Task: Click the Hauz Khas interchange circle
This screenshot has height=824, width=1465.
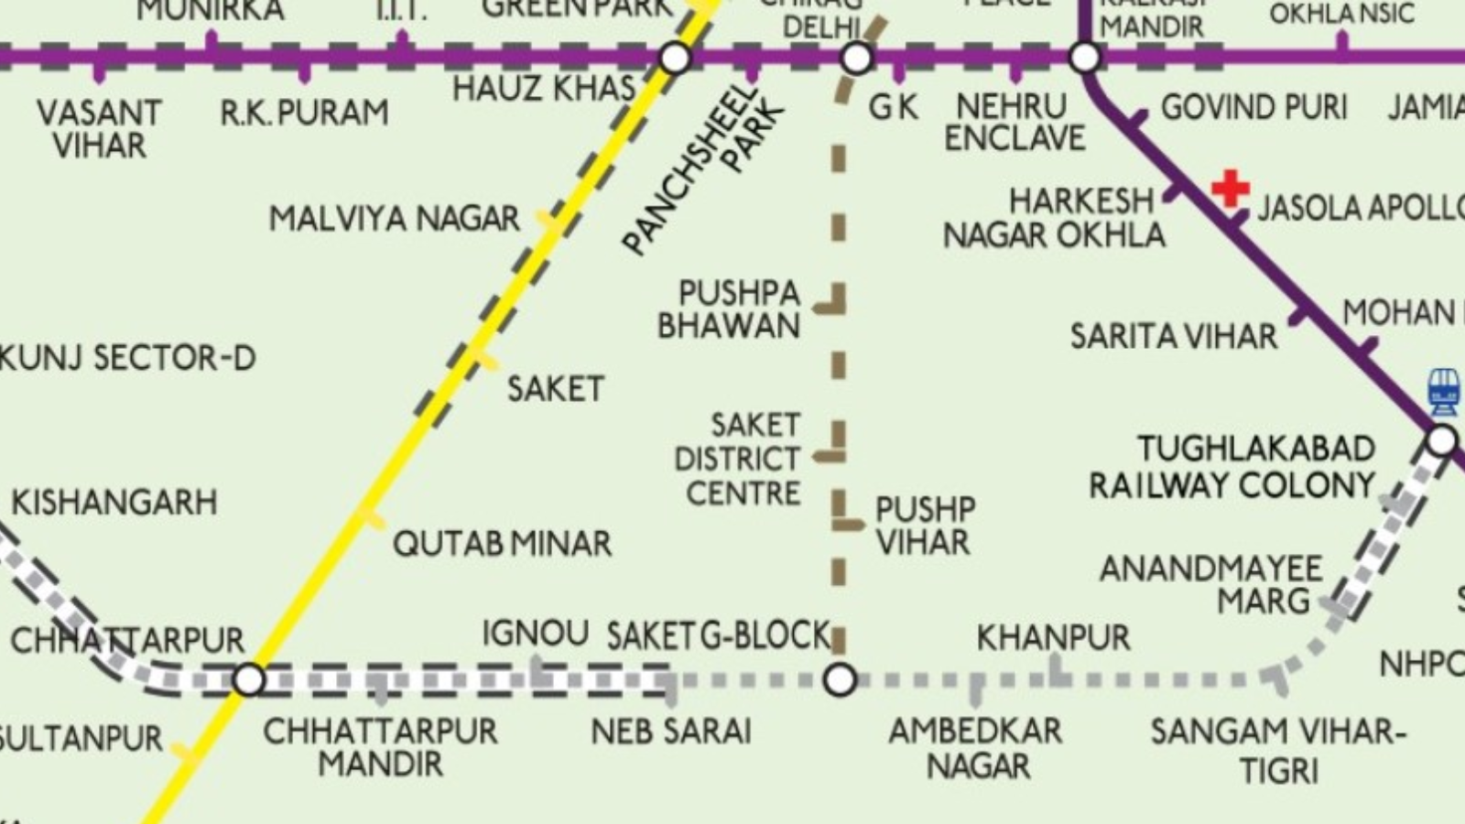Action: pos(675,59)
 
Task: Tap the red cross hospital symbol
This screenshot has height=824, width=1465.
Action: pos(1230,188)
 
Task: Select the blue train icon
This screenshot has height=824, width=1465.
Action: pos(1443,391)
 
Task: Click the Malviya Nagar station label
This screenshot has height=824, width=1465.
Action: pos(394,220)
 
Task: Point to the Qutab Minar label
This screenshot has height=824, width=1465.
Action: pos(502,544)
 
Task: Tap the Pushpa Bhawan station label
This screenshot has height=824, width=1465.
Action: pos(730,309)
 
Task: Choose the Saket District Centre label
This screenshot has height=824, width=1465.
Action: pos(738,459)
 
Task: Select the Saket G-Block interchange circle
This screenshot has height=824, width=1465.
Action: pos(840,680)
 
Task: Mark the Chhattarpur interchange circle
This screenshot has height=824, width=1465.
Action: pos(249,680)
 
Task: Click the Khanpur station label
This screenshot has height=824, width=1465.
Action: pos(1053,637)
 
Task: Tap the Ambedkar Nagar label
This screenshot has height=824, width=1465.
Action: pos(976,748)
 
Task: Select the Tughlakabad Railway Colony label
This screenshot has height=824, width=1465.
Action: pos(1232,467)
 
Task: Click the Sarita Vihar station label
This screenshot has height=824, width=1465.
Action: pos(1174,336)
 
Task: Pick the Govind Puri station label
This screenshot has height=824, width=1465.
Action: pos(1254,108)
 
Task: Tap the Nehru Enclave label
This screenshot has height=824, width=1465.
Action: pos(1015,123)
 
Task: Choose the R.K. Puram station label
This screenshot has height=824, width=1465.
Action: pos(304,114)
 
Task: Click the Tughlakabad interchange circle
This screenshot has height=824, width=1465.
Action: pos(1441,440)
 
